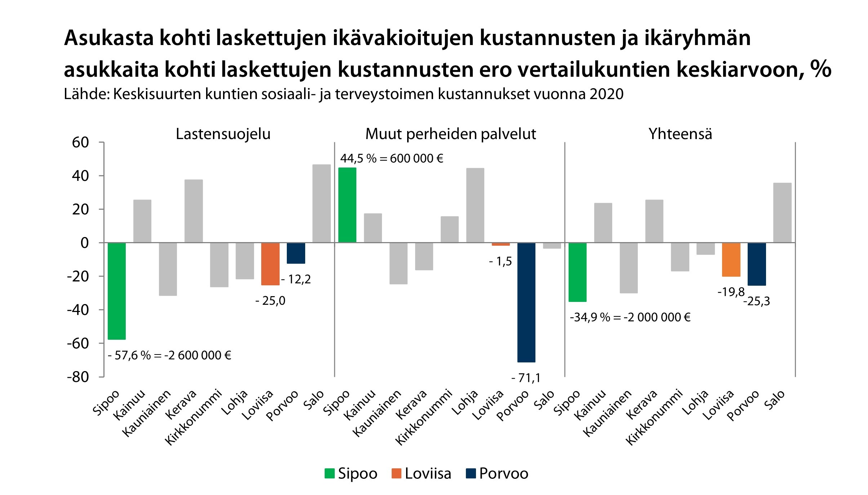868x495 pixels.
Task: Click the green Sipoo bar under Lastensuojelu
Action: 117,291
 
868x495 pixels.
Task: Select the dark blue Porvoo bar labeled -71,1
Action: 526,302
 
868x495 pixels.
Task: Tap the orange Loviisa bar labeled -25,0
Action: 270,264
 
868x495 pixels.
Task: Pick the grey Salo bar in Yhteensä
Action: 782,213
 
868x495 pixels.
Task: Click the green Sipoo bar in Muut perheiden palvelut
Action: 347,205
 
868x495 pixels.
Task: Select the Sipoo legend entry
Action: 351,473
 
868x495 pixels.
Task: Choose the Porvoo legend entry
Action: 497,473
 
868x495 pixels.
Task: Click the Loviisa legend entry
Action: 421,473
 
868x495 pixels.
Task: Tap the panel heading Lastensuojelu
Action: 223,134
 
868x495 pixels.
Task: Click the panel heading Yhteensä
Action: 680,134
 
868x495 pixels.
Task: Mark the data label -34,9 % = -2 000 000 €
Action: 630,317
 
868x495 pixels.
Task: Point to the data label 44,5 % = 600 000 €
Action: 392,159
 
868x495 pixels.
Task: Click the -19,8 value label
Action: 731,292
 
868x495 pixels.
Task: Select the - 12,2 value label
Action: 295,279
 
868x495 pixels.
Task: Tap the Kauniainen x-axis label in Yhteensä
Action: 607,413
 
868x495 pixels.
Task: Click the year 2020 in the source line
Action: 606,94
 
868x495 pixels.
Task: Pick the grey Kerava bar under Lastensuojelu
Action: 193,211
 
